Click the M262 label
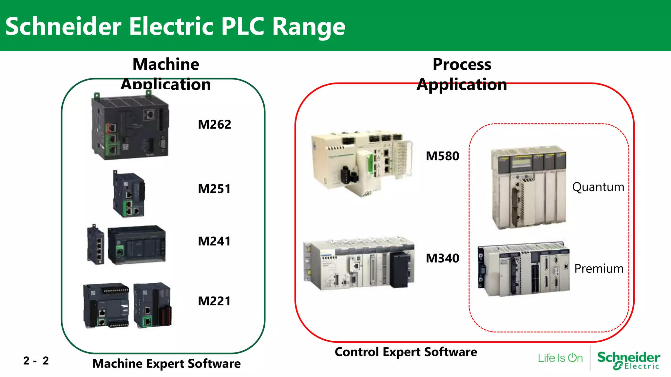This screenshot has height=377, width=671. [214, 125]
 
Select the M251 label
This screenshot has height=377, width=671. [214, 189]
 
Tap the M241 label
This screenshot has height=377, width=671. [214, 242]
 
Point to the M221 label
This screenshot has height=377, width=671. [214, 301]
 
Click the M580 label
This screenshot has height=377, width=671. [442, 156]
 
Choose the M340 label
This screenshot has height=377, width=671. [442, 259]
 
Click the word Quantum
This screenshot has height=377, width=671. [598, 187]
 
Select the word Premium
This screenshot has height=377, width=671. [599, 269]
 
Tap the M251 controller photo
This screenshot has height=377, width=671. [129, 194]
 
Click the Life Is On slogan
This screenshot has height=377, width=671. [560, 358]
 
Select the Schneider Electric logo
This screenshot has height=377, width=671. [628, 360]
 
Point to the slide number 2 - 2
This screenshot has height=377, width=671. [36, 361]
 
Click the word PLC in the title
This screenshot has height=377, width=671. [243, 26]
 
